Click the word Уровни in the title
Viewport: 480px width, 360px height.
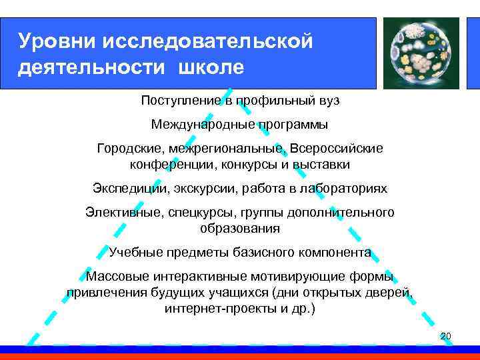coord(57,41)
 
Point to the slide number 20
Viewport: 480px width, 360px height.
coord(446,335)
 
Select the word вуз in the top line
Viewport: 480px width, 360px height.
coord(327,100)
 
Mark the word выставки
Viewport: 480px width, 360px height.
coord(323,164)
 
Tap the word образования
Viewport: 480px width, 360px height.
coord(240,228)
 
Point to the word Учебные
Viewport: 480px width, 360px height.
coord(133,253)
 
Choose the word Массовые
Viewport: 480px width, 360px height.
coord(117,277)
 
